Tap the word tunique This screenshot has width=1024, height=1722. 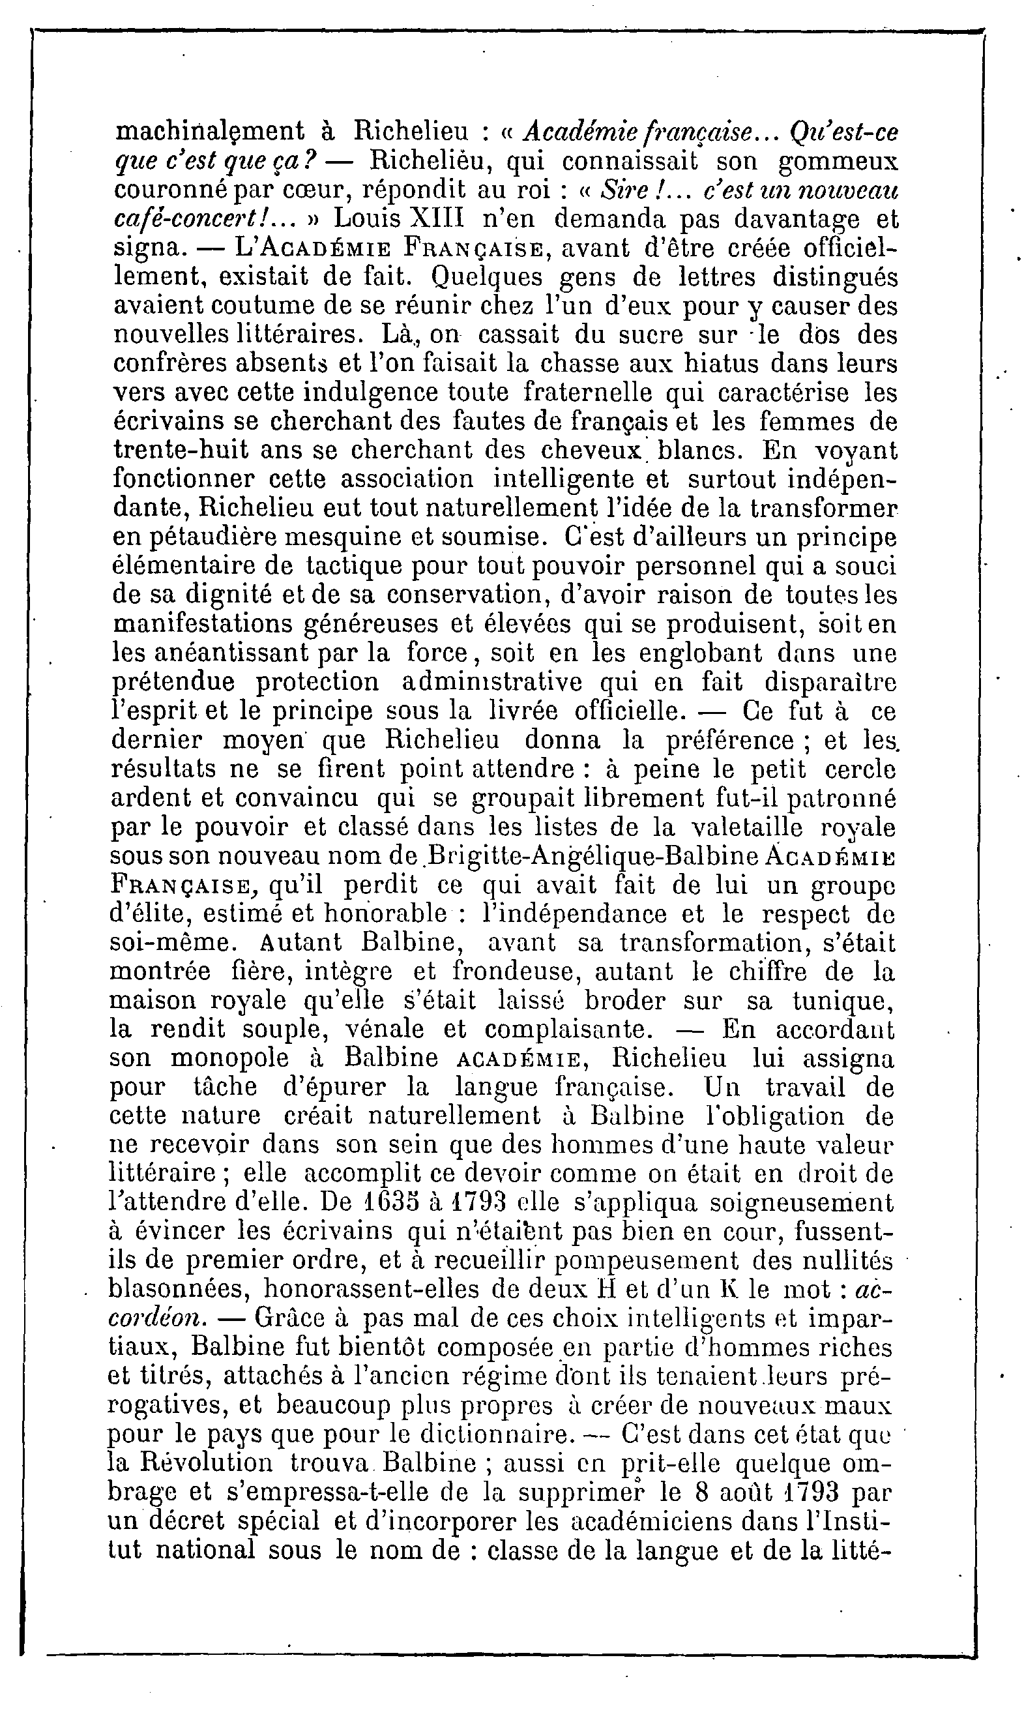click(844, 1001)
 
